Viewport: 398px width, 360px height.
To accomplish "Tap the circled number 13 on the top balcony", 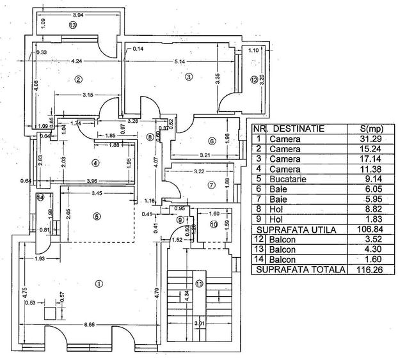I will [x=72, y=25].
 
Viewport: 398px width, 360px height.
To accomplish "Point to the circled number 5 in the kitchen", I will [x=97, y=216].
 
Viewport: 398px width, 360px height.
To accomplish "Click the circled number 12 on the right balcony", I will [x=253, y=80].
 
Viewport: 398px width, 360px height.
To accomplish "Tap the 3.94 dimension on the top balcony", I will [x=78, y=14].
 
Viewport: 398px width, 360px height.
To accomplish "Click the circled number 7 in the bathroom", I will [x=211, y=185].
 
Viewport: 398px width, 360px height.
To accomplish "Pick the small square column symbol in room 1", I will [x=49, y=313].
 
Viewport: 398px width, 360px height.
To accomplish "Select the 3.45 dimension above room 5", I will [x=97, y=192].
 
